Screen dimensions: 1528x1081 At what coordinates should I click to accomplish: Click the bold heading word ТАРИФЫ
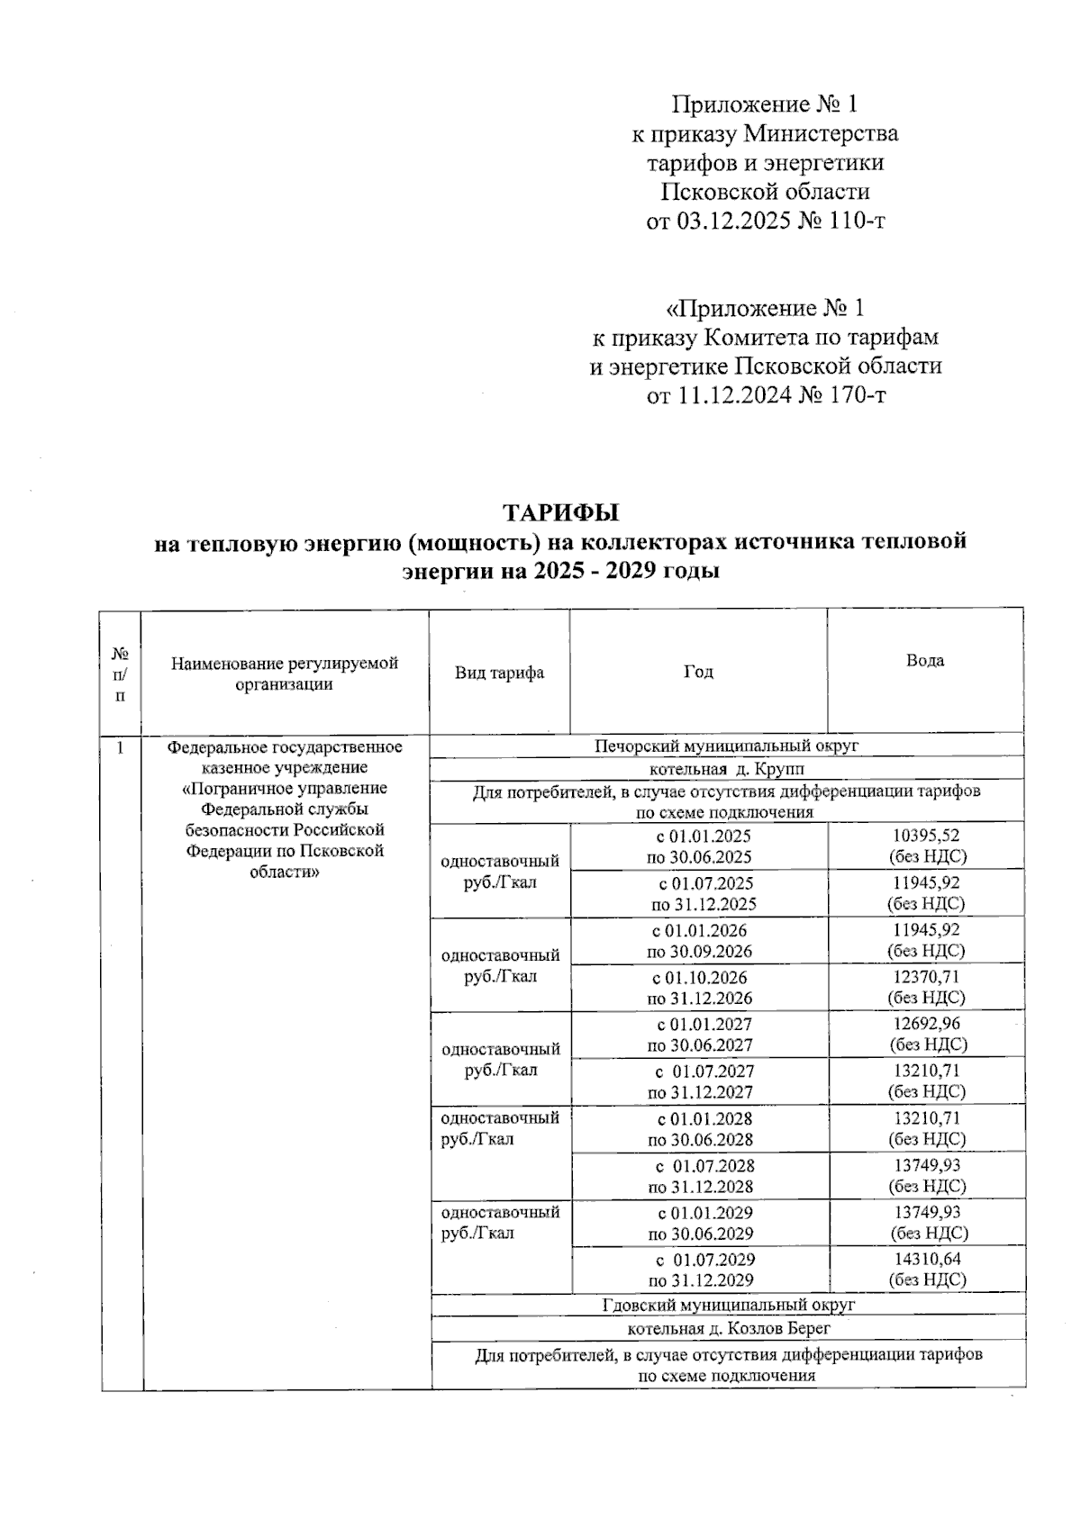pyautogui.click(x=560, y=513)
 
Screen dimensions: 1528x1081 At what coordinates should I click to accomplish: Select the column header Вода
pyautogui.click(x=924, y=661)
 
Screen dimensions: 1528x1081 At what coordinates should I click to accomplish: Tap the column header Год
pyautogui.click(x=698, y=672)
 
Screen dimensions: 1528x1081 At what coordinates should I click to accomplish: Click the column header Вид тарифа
pyautogui.click(x=499, y=673)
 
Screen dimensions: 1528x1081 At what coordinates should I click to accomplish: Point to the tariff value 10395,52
pyautogui.click(x=925, y=836)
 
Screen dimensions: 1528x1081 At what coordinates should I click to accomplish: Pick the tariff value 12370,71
pyautogui.click(x=925, y=977)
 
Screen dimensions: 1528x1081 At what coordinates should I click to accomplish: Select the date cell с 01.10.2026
pyautogui.click(x=699, y=977)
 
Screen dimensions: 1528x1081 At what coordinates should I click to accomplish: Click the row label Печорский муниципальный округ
pyautogui.click(x=727, y=746)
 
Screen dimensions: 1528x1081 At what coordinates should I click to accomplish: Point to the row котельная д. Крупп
pyautogui.click(x=727, y=769)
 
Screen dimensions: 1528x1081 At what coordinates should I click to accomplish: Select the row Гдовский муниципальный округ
pyautogui.click(x=728, y=1304)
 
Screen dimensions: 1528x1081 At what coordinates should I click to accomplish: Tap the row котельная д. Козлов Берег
pyautogui.click(x=728, y=1328)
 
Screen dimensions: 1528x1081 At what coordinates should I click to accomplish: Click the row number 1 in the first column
pyautogui.click(x=120, y=747)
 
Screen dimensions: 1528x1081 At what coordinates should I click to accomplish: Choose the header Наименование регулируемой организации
pyautogui.click(x=284, y=674)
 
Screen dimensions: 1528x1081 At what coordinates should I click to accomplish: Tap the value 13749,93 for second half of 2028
pyautogui.click(x=925, y=1165)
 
